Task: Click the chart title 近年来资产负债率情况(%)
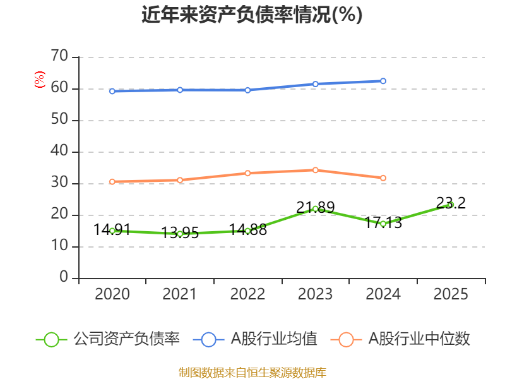(252, 15)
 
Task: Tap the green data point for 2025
(451, 205)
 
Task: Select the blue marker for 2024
(383, 81)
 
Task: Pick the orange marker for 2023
(315, 170)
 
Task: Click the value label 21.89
(315, 207)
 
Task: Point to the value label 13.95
(180, 232)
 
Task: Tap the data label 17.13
(383, 223)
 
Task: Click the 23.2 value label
(451, 203)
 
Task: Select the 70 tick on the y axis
(59, 56)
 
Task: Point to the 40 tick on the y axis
(59, 150)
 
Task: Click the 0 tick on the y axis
(64, 277)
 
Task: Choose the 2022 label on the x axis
(247, 294)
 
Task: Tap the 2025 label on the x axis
(451, 294)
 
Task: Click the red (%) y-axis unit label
(40, 80)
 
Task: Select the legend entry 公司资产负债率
(108, 339)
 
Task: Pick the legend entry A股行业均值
(255, 339)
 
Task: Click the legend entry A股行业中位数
(400, 339)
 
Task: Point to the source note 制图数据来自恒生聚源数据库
(252, 373)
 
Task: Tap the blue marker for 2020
(112, 91)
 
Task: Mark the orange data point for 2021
(180, 180)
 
